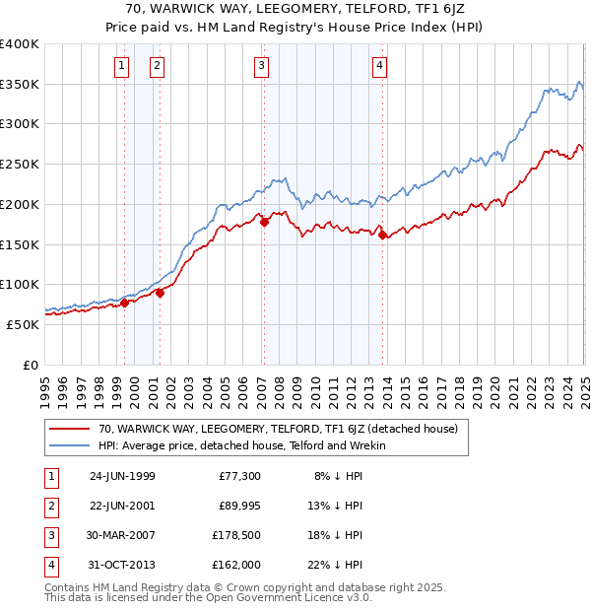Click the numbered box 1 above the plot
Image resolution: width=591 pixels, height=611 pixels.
[x=121, y=66]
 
